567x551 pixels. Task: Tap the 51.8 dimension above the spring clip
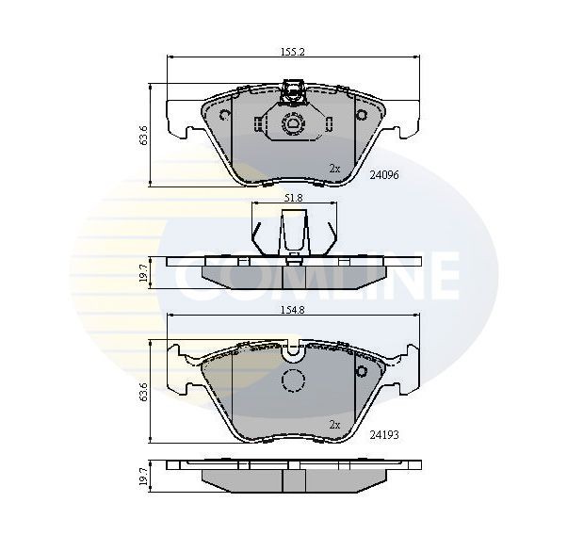293,199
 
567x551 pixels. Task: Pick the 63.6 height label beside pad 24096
142,134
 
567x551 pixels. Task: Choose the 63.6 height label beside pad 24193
142,392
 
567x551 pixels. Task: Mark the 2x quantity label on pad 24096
333,168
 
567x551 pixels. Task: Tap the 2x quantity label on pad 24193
333,425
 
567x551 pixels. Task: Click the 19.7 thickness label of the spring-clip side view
142,273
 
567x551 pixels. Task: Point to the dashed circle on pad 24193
294,381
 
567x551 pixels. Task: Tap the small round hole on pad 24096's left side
224,116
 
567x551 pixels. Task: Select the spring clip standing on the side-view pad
293,231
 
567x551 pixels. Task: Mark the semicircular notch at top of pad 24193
294,351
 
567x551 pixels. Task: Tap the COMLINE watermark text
320,275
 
